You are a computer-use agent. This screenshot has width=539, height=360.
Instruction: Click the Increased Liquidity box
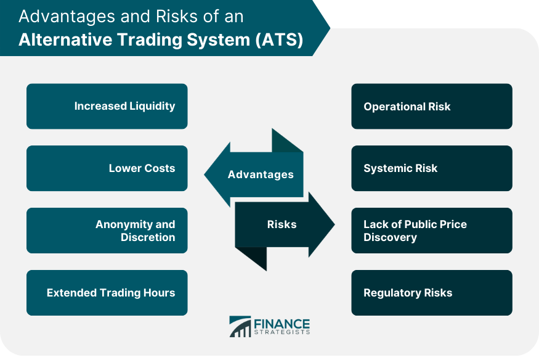point(107,106)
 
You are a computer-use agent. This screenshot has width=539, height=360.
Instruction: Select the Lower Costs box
point(107,168)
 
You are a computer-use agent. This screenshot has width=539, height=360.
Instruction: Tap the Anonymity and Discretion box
point(107,231)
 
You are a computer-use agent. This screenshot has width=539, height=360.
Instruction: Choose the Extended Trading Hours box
point(107,293)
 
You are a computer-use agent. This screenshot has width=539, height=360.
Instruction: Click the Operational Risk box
point(432,106)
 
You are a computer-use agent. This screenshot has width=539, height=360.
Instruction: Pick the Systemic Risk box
point(432,168)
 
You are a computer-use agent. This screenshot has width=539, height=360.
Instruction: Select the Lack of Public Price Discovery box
point(432,231)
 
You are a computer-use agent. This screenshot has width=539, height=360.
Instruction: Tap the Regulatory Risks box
point(432,293)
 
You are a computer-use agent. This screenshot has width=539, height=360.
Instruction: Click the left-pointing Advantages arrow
point(254,174)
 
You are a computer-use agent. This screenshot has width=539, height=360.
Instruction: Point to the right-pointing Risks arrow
point(285,224)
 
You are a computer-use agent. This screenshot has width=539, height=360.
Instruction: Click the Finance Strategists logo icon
point(240,327)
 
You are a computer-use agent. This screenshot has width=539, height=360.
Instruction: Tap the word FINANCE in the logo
point(282,324)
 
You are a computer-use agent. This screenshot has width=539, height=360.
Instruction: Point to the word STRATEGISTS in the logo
point(282,332)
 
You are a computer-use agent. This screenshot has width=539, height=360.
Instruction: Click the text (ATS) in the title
point(279,40)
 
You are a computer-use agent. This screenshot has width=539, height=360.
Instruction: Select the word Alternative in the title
point(66,39)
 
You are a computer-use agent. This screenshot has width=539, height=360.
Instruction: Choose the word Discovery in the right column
point(390,237)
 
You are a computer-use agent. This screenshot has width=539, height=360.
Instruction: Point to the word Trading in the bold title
point(150,40)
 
